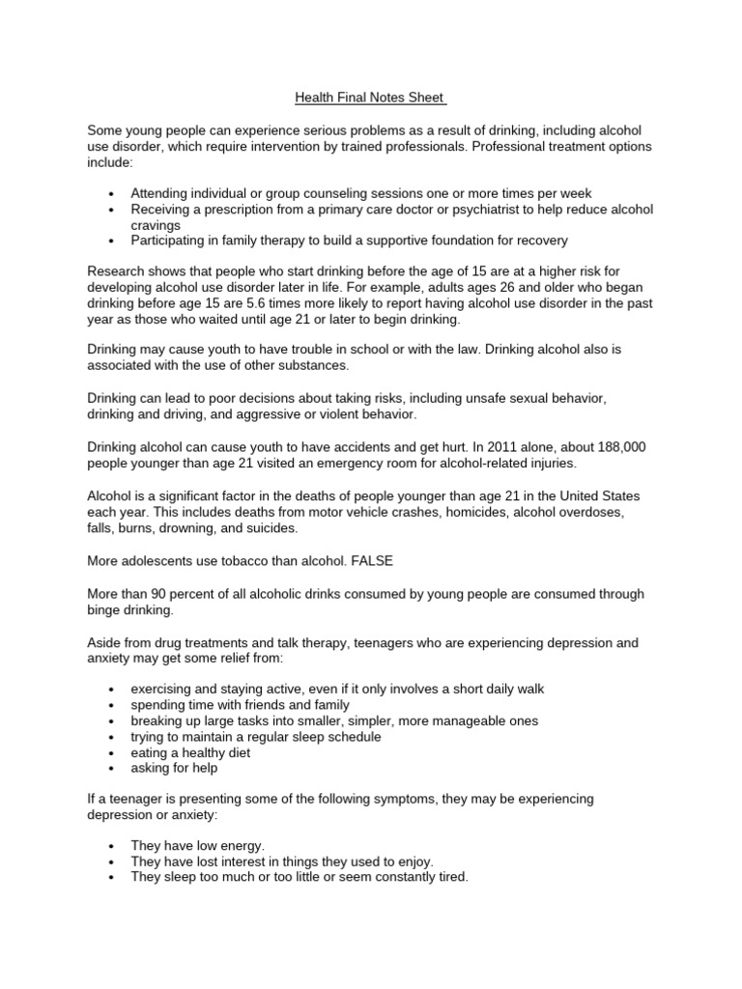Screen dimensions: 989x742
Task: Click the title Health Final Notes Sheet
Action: (370, 99)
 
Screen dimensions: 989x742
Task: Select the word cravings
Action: (157, 224)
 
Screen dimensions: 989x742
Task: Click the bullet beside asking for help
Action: (113, 769)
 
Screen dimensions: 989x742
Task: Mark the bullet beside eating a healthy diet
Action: (113, 753)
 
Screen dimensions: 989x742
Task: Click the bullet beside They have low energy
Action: (113, 846)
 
